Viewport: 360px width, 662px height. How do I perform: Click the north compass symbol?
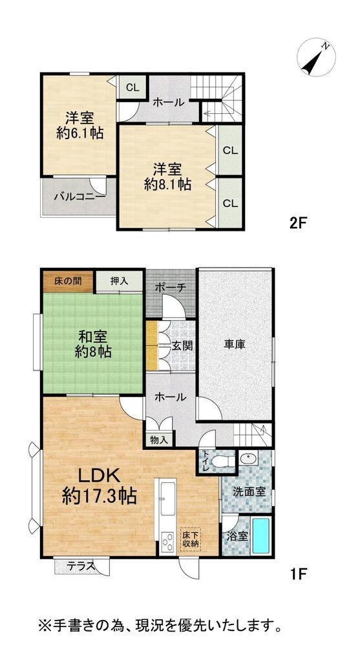[315, 58]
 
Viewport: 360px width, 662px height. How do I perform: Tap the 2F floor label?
[297, 224]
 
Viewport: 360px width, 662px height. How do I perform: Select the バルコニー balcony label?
[79, 196]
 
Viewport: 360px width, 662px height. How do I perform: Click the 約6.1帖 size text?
[79, 134]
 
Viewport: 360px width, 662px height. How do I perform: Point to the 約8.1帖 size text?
[167, 184]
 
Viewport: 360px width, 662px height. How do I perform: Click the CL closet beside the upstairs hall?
[131, 88]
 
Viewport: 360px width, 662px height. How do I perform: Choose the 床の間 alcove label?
[67, 281]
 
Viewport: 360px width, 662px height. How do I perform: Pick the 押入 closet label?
[119, 281]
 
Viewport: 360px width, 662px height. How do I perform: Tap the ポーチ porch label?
[170, 287]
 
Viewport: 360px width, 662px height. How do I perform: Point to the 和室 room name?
[92, 337]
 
